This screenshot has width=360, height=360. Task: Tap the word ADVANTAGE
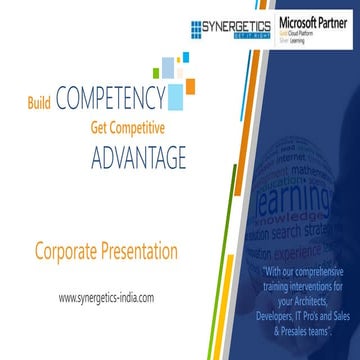click(138, 158)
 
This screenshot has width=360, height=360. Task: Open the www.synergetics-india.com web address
click(107, 297)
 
